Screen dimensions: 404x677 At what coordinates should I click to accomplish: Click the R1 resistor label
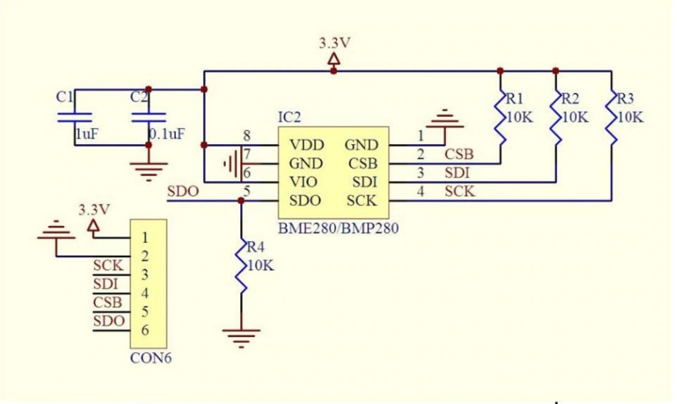(515, 98)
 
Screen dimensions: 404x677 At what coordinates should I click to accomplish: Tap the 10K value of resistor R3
(630, 116)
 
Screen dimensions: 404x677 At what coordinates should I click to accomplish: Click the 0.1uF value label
(167, 135)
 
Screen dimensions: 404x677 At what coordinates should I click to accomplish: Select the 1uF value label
(86, 135)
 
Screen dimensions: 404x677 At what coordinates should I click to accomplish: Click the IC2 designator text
(289, 116)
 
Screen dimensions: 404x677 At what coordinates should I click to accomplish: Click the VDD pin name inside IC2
(305, 145)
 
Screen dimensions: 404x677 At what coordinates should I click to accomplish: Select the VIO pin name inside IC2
(304, 182)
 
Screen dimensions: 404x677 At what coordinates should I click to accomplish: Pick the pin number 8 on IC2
(246, 136)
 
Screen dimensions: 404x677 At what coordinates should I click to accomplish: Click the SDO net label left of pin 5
(183, 191)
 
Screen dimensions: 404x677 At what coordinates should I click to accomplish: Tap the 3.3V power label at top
(334, 42)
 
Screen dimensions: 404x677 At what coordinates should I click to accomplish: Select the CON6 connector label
(151, 358)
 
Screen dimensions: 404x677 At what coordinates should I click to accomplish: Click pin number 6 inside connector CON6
(146, 330)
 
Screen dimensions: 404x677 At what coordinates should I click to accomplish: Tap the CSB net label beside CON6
(107, 302)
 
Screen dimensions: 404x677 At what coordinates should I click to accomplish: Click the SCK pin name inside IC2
(361, 201)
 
